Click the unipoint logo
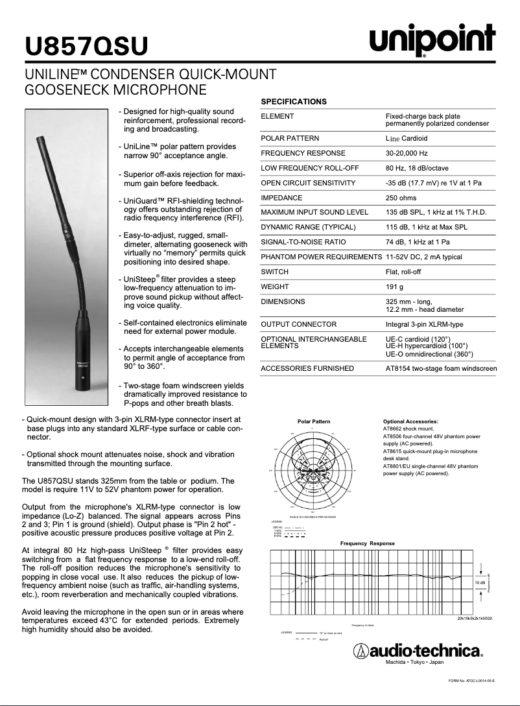[x=432, y=41]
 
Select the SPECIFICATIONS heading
[x=293, y=102]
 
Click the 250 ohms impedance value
[x=401, y=198]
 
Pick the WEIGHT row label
[x=274, y=287]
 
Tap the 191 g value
[x=394, y=287]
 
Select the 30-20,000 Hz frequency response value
[x=407, y=154]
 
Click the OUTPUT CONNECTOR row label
[x=298, y=324]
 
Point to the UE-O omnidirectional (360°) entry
[x=429, y=354]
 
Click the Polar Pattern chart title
[x=314, y=421]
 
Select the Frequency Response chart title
[x=368, y=543]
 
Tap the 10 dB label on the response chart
[x=480, y=583]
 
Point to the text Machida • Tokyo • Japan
[x=414, y=663]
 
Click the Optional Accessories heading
[x=410, y=421]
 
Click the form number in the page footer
[x=471, y=681]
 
